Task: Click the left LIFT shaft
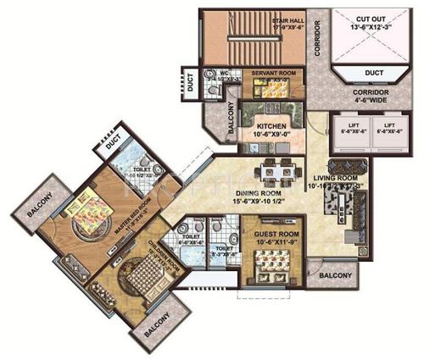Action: tap(329, 129)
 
